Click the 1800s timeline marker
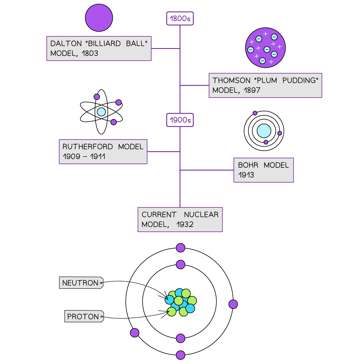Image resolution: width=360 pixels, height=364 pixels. tap(180, 19)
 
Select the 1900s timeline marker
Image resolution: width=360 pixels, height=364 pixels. tap(180, 120)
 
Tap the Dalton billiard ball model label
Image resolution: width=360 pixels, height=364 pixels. tap(99, 48)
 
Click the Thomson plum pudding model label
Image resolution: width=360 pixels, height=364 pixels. tap(265, 85)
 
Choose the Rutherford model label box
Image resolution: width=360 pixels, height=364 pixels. tap(103, 152)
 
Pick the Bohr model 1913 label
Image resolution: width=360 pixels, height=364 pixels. tap(263, 170)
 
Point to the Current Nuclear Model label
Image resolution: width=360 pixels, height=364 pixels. tap(180, 219)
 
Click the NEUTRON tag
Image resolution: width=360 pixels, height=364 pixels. tap(81, 283)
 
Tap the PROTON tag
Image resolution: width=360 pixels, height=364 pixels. tap(84, 316)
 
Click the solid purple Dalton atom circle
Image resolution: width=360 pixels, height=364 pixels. tap(99, 18)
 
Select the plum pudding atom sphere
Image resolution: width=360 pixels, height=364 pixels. tap(265, 48)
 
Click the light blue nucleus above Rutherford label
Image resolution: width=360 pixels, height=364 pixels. tap(101, 112)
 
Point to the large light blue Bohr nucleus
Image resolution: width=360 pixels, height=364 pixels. tap(264, 131)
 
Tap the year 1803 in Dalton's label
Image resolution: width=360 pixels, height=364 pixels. tap(90, 53)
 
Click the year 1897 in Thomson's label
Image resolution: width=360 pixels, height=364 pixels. tap(252, 90)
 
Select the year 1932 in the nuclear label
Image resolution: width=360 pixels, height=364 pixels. tap(185, 224)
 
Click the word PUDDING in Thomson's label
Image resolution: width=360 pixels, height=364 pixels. tap(300, 81)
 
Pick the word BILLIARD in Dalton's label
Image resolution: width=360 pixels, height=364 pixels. tap(104, 44)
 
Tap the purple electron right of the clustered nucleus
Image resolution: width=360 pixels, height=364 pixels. tap(233, 304)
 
